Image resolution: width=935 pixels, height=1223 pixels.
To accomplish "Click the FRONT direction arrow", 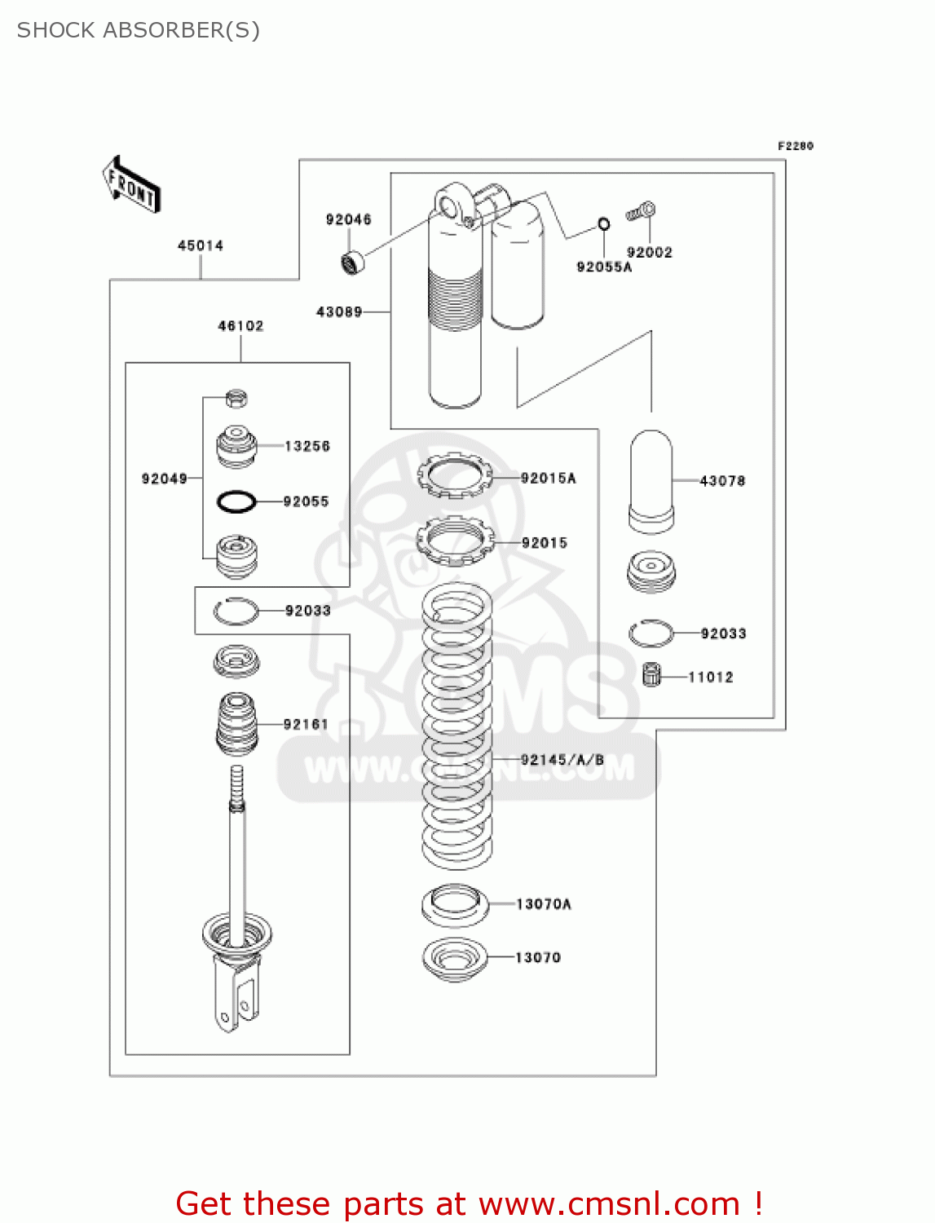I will [131, 184].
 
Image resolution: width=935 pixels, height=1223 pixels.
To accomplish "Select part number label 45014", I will [201, 245].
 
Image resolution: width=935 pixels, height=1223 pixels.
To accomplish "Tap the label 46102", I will [240, 326].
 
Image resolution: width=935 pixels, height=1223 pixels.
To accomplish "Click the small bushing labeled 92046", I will [352, 263].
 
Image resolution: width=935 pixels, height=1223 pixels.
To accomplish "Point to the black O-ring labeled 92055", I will [236, 501].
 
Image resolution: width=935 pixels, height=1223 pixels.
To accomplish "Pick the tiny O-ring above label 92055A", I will [603, 224].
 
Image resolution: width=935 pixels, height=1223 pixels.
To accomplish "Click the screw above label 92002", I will [642, 211].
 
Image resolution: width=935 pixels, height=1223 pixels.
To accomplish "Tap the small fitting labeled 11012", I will [651, 674].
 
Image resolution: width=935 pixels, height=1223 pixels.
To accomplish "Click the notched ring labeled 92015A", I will [455, 476].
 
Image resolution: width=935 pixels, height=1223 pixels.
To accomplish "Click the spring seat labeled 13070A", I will [455, 905].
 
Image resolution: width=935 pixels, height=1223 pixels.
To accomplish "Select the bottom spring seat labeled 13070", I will [455, 959].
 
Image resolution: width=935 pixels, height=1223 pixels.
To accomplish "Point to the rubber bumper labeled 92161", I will [237, 723].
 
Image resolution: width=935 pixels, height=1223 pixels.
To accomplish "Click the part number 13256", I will [307, 446].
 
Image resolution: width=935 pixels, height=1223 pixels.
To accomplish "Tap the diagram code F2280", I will [795, 146].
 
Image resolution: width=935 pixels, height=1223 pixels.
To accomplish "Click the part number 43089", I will [339, 311].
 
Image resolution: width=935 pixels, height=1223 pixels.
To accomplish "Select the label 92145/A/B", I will [562, 760].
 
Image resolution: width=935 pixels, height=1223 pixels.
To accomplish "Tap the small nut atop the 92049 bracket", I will [236, 399].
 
